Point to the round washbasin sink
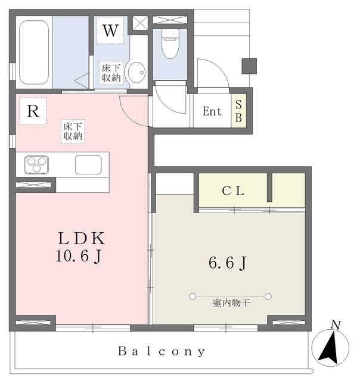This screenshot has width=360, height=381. (x=137, y=72)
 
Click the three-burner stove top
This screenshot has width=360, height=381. (x=36, y=164)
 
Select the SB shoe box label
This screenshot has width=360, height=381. (x=238, y=111)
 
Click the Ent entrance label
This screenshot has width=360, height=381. (x=212, y=111)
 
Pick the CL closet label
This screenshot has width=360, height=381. (x=234, y=192)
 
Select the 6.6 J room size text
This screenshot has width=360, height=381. (x=227, y=263)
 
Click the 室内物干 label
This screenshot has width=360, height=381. (x=230, y=304)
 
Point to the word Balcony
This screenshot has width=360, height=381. (x=162, y=351)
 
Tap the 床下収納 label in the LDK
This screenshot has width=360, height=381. (x=73, y=131)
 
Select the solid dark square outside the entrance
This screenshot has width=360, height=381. (x=249, y=65)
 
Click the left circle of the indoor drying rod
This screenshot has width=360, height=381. (x=193, y=296)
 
